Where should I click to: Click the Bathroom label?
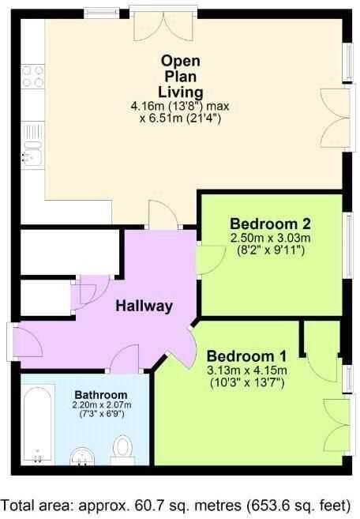[101, 395]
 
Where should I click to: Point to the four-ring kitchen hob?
[32, 77]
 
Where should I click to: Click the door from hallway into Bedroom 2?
[208, 259]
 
